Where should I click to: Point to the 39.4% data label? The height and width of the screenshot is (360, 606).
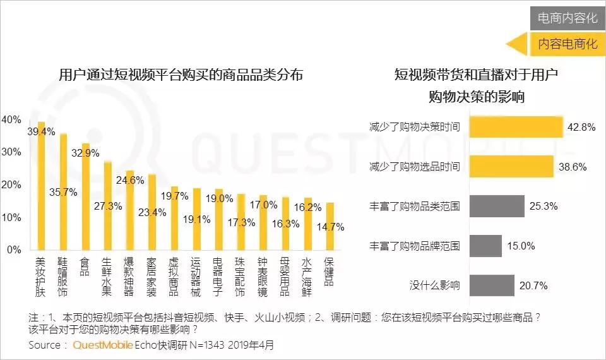pos(41,132)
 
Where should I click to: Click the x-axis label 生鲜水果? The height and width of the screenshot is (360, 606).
pos(107,276)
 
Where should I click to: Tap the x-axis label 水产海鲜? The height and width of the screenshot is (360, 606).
pos(307,276)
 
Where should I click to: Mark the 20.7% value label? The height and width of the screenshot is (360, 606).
pos(533,285)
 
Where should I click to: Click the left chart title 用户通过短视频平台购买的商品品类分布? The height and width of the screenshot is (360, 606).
pos(181,75)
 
